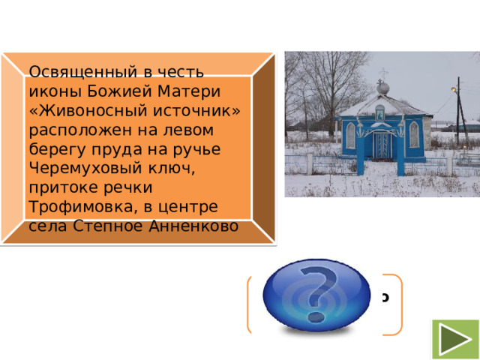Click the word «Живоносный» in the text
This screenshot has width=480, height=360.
[75, 112]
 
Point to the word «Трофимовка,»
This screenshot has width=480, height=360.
[68, 205]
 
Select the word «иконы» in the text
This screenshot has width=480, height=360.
[51, 92]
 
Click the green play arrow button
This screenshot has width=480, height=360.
[455, 338]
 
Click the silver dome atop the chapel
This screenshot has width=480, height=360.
[382, 88]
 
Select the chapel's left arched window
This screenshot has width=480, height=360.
[351, 135]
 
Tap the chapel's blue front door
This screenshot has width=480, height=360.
[382, 145]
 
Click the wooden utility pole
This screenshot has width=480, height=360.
[458, 112]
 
